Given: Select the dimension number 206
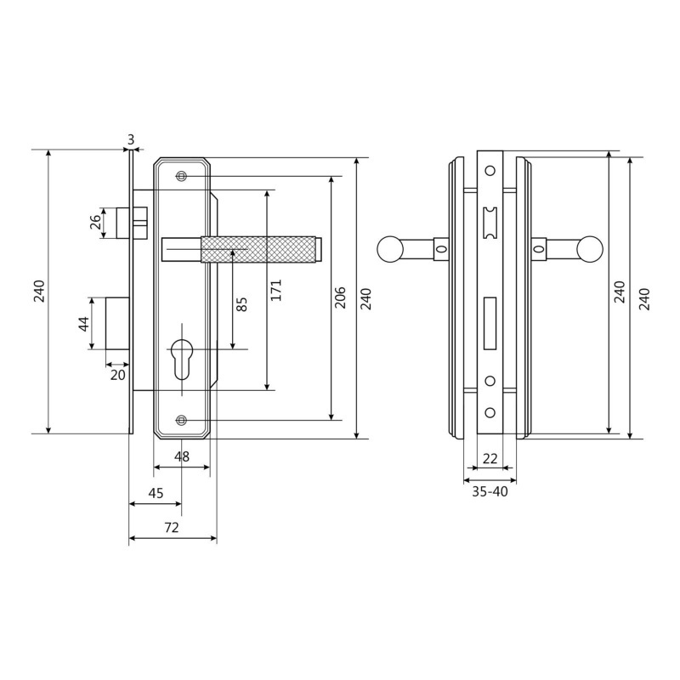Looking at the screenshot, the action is tap(341, 297).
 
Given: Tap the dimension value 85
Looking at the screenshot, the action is tap(242, 303).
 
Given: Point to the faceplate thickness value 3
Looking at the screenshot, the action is tap(131, 139).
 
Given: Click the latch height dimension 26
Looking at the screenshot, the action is tap(96, 222).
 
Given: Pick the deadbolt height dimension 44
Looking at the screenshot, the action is tap(84, 324).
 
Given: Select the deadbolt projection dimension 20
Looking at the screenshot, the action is tap(117, 375).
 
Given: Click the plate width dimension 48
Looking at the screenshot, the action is tap(182, 456).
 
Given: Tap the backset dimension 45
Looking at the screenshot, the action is tap(156, 493).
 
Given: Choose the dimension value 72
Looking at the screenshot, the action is tap(172, 527).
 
